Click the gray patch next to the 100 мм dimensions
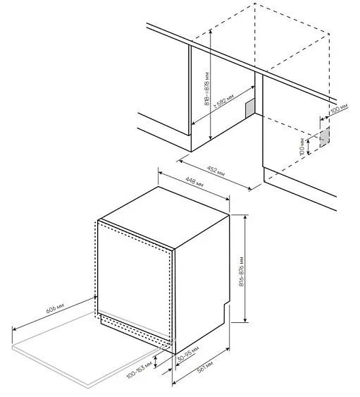(325, 137)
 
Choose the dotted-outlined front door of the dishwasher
(134, 282)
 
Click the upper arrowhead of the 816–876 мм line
(244, 216)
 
